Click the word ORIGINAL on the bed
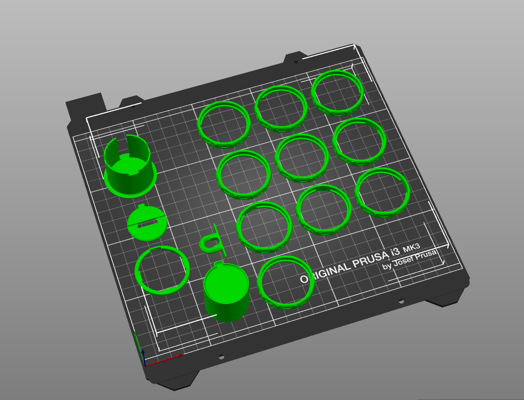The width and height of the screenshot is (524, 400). tap(325, 272)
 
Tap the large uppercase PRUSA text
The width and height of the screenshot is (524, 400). tap(370, 259)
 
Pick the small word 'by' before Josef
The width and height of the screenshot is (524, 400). tap(387, 266)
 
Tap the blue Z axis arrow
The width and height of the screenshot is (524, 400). tap(143, 357)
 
